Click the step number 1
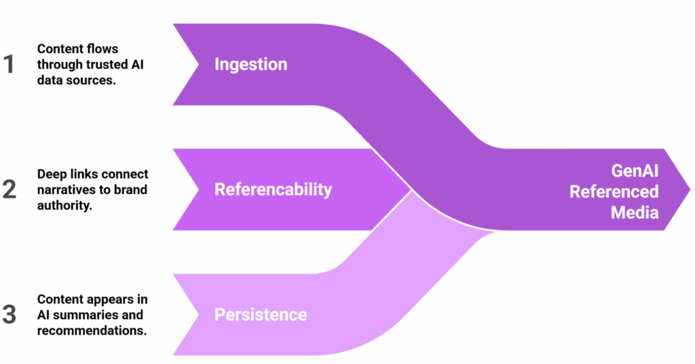[9, 65]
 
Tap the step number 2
[10, 189]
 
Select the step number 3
[10, 314]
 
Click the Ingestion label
[250, 65]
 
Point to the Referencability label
[273, 189]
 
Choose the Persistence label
[261, 315]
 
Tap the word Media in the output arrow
[635, 213]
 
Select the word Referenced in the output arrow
[614, 192]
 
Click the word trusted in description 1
[111, 65]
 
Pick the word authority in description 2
[64, 204]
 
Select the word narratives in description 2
[65, 189]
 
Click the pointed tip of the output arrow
[689, 189]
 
